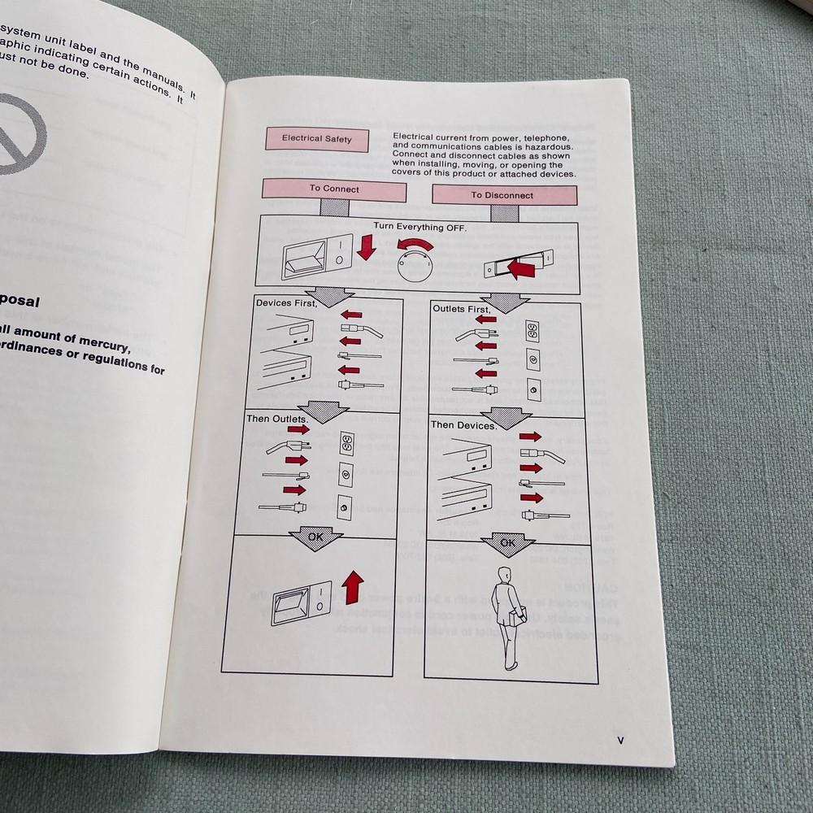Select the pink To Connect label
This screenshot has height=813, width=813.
pyautogui.click(x=334, y=189)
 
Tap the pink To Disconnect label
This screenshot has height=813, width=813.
pyautogui.click(x=503, y=195)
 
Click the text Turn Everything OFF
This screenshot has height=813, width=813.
pyautogui.click(x=420, y=228)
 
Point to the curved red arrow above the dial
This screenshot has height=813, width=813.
pyautogui.click(x=422, y=245)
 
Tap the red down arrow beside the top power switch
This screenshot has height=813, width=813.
pyautogui.click(x=367, y=246)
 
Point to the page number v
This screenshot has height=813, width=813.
pyautogui.click(x=620, y=740)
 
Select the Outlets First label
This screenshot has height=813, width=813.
pyautogui.click(x=461, y=310)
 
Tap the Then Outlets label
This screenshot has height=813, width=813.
pyautogui.click(x=276, y=419)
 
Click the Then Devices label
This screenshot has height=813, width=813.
pyautogui.click(x=463, y=425)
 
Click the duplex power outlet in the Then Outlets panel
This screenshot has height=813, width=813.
pyautogui.click(x=346, y=443)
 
